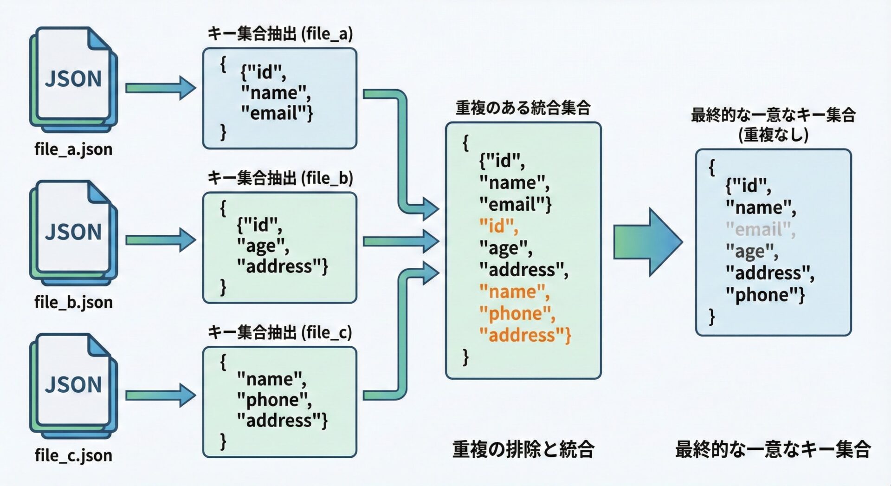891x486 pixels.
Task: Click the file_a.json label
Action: coord(73,149)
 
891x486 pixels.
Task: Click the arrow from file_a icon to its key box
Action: coord(161,88)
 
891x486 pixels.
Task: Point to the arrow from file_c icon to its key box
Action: coord(161,395)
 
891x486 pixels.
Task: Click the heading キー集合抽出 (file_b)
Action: coord(280,178)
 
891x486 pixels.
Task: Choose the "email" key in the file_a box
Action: coord(277,113)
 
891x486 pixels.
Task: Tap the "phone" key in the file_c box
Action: coord(274,400)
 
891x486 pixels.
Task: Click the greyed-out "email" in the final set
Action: coord(760,229)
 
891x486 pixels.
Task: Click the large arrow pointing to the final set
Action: coord(648,242)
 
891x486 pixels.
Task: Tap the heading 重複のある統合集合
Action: coord(523,108)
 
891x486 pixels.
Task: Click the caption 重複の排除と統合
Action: coord(523,449)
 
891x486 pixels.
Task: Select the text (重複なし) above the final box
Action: coord(773,135)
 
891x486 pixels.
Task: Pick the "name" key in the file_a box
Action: coord(276,93)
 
